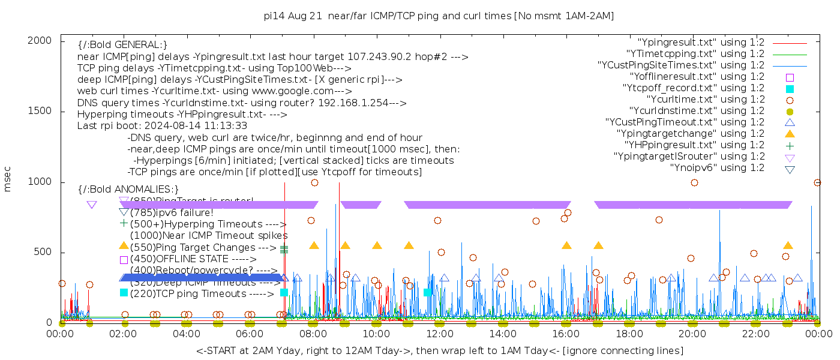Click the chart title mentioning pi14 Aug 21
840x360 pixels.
coord(439,16)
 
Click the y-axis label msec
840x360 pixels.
coord(8,179)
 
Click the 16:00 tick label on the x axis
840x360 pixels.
coord(566,334)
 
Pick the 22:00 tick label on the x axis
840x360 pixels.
coord(755,334)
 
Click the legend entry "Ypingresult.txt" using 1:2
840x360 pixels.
coord(701,43)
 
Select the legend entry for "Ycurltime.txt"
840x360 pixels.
coord(706,100)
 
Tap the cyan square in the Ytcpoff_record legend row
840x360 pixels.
coord(790,89)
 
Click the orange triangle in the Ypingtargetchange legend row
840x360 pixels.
coord(790,134)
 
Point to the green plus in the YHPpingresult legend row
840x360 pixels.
coord(790,145)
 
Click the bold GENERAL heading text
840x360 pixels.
coord(122,45)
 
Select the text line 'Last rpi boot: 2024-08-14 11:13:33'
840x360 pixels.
coord(162,126)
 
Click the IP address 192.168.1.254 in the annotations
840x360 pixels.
coord(355,103)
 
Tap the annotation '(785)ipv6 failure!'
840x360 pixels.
coord(172,212)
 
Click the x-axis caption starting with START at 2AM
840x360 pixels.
coord(440,350)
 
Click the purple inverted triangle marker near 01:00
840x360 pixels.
coord(92,205)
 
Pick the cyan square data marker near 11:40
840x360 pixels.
coord(427,292)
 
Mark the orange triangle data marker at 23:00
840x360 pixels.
coord(788,245)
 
